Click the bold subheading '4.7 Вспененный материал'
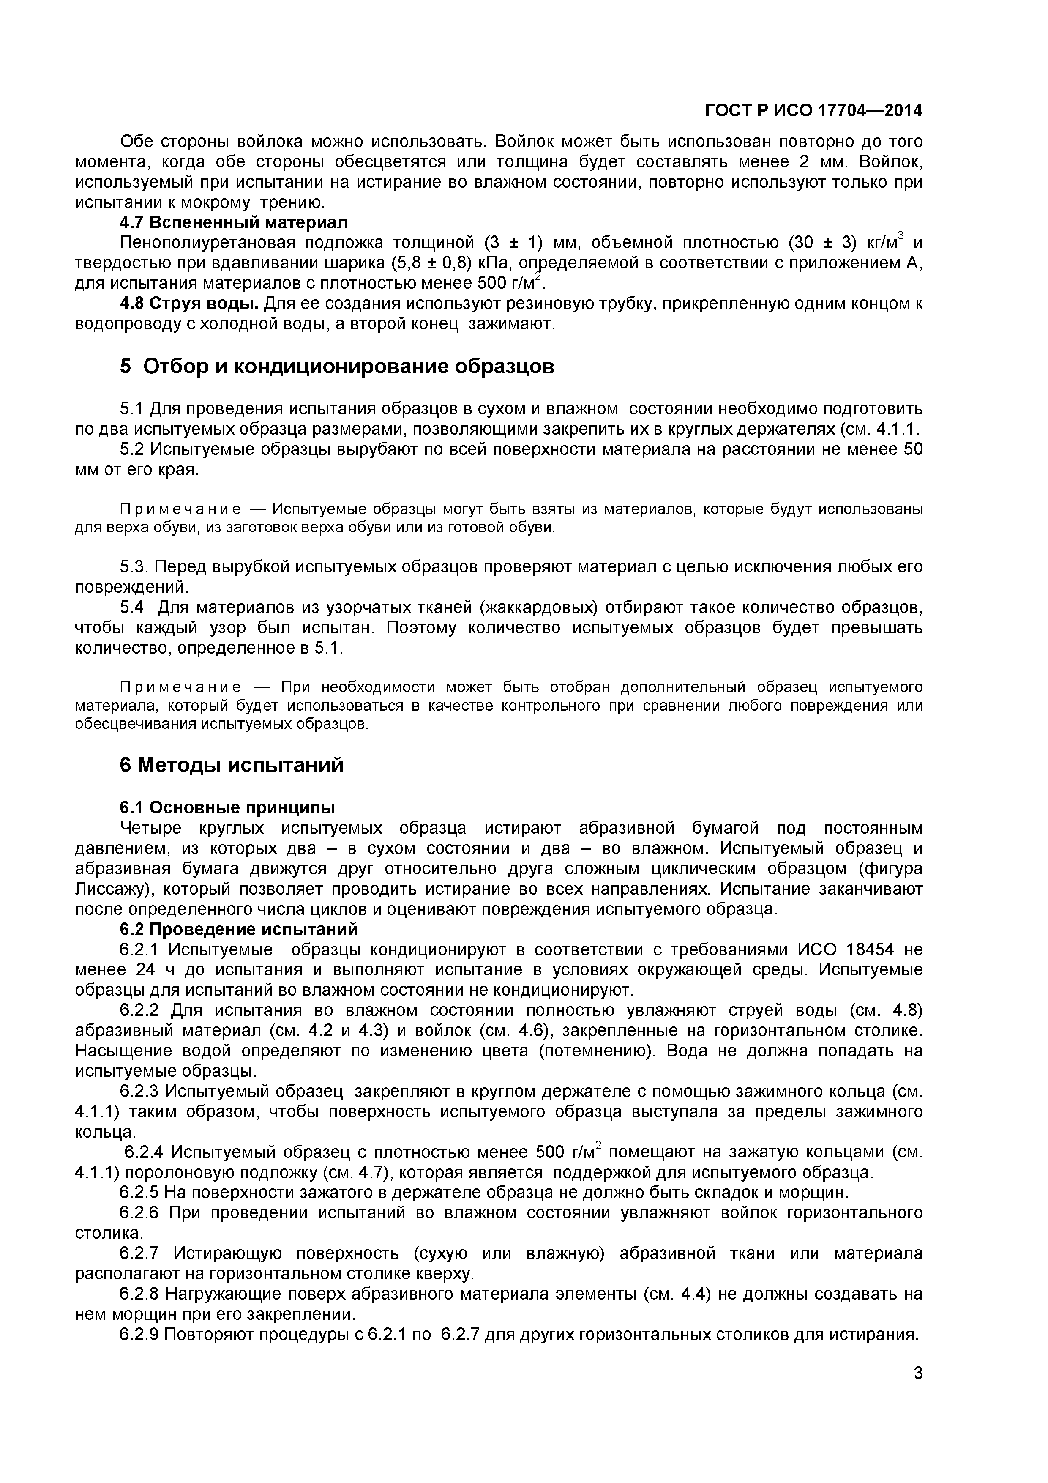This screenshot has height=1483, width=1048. pos(233,222)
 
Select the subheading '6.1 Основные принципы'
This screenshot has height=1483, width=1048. pos(227,807)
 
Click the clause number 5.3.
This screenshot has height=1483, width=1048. pos(134,566)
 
